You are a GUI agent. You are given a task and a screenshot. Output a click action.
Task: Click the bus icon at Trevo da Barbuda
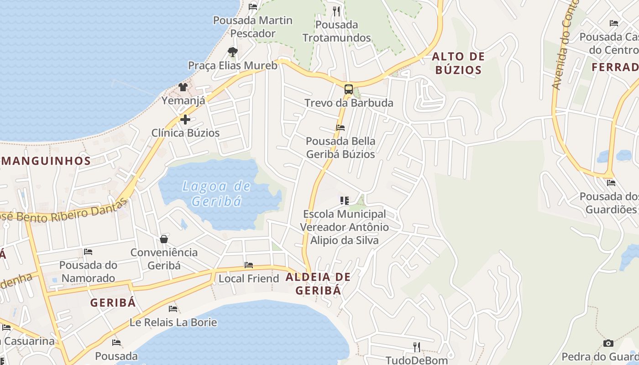pos(348,89)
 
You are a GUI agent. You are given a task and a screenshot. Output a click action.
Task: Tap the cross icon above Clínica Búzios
pos(185,120)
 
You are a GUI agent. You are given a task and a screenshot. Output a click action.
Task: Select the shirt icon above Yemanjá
pos(183,87)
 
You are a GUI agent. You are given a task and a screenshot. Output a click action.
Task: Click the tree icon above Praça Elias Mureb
pos(233,52)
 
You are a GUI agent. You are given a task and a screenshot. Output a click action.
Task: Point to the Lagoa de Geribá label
pos(216,193)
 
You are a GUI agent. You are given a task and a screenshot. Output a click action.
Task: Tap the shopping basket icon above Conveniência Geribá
pos(164,239)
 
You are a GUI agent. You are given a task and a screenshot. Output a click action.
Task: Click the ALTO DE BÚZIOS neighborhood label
pos(458,63)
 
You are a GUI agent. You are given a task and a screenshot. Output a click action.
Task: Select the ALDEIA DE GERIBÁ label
pos(318,284)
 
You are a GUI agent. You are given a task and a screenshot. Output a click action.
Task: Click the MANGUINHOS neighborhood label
pos(46,161)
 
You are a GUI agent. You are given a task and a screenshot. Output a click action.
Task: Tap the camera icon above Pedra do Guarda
pos(608,343)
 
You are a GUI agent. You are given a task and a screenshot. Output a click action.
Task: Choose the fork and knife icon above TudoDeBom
pos(416,347)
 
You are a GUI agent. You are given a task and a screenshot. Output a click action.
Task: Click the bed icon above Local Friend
pos(249,265)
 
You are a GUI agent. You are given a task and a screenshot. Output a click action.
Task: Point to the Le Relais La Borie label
pos(173,322)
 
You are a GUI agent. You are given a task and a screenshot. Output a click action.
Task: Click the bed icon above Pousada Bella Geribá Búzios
pos(340,128)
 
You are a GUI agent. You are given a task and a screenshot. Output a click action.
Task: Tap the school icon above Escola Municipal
pos(345,200)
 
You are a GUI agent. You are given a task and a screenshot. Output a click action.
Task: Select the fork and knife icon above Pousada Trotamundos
pos(337,11)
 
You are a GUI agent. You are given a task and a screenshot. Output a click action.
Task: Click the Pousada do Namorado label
pos(88,271)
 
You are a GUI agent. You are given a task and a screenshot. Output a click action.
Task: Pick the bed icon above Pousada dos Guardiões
pos(611,183)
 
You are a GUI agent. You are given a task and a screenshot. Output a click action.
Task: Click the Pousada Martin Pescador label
pos(253,27)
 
